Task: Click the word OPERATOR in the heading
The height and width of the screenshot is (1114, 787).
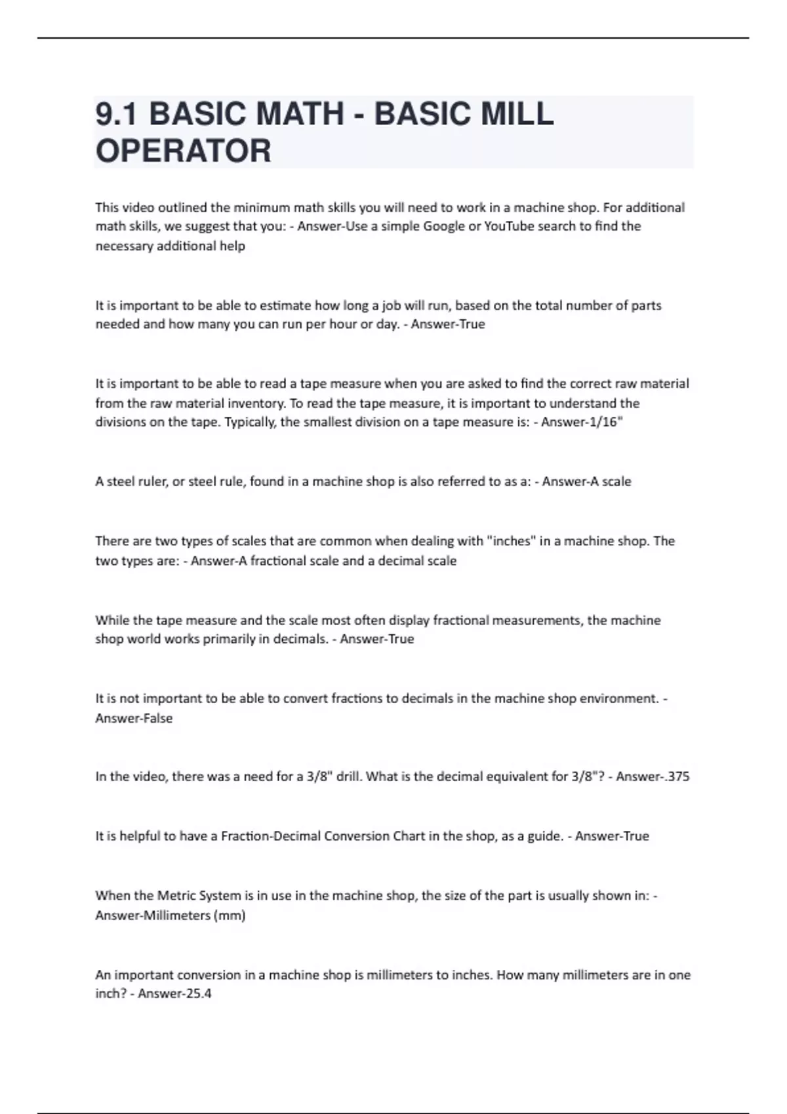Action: tap(183, 151)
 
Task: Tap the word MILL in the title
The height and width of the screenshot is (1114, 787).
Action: tap(517, 114)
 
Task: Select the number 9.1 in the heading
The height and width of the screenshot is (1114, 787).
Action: tap(116, 114)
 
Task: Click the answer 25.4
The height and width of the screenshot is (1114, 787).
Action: tap(195, 993)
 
